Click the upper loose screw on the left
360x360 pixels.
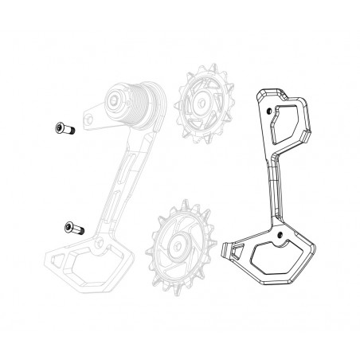click(61, 127)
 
